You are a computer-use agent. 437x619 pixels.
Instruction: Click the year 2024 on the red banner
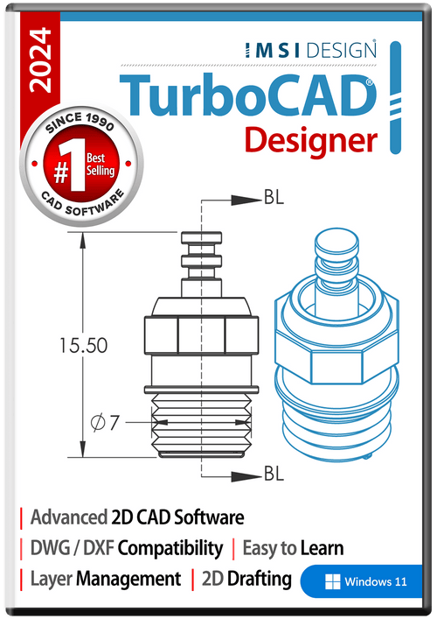coord(41,60)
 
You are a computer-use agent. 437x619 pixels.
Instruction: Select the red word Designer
coord(311,141)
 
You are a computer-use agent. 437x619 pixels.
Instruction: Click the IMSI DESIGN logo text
coord(310,50)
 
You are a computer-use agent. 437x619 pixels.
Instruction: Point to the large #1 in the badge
coord(69,165)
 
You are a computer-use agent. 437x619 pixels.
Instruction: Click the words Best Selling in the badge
coord(101,165)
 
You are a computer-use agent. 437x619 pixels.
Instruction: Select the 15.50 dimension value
coord(84,346)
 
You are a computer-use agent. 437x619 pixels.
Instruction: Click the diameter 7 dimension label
coord(105,423)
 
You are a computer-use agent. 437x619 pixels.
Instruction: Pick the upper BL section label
coord(274,197)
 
